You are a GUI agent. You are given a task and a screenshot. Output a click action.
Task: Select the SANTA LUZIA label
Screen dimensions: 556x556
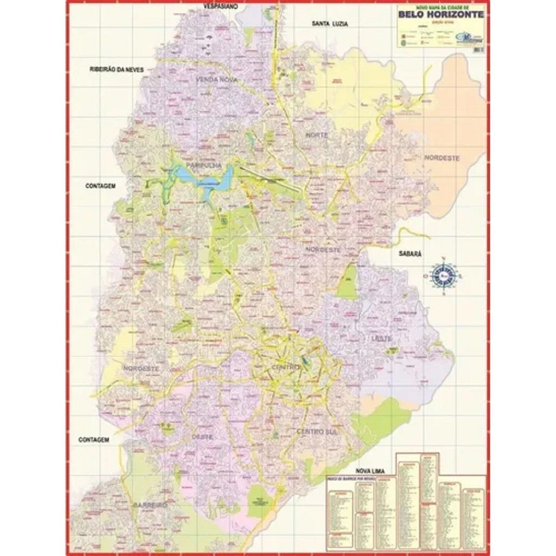pyautogui.click(x=330, y=24)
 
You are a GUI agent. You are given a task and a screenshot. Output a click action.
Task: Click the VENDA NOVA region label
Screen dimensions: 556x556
pyautogui.click(x=216, y=80)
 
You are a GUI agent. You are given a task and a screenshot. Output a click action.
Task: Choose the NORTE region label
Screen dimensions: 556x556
pyautogui.click(x=317, y=135)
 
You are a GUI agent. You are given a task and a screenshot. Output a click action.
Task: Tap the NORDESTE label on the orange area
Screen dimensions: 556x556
pyautogui.click(x=442, y=158)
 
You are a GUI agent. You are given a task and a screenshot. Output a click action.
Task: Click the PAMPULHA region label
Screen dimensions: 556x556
pyautogui.click(x=202, y=165)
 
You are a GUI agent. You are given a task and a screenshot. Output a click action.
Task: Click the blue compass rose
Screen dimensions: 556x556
pyautogui.click(x=444, y=276)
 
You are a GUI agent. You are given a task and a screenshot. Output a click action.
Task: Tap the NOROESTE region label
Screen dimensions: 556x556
pyautogui.click(x=141, y=368)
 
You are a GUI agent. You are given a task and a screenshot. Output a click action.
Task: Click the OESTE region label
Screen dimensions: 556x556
pyautogui.click(x=202, y=436)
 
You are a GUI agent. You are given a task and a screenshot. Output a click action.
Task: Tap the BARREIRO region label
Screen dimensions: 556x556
pyautogui.click(x=150, y=504)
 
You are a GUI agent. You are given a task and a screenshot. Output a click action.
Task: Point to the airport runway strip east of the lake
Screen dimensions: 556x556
pyautogui.click(x=270, y=180)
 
